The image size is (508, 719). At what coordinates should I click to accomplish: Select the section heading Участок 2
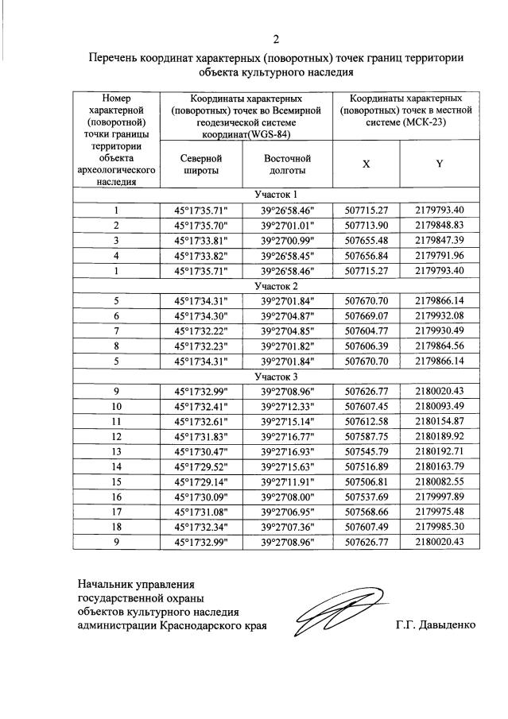(x=276, y=286)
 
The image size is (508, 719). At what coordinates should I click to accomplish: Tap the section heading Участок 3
(x=276, y=377)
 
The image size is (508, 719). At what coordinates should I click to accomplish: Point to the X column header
(x=366, y=164)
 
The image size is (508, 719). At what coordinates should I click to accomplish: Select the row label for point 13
(x=116, y=452)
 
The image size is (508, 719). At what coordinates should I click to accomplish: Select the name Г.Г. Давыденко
(x=435, y=624)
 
